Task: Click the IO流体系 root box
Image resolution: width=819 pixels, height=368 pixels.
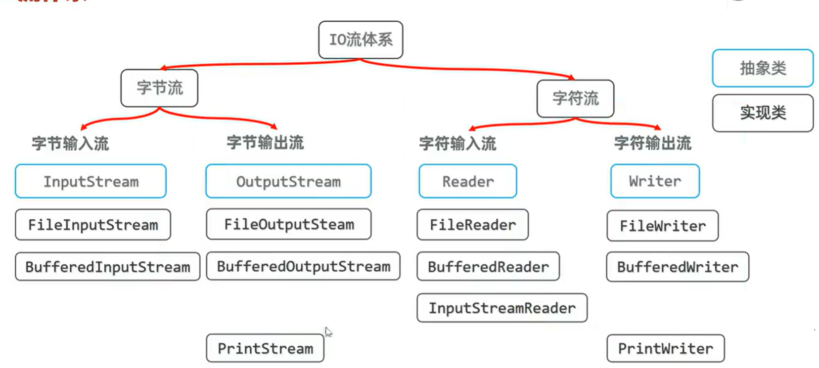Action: pos(361,40)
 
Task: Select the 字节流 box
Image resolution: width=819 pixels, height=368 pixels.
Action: pos(159,88)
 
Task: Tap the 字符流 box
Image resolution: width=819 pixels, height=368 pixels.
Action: pos(575,98)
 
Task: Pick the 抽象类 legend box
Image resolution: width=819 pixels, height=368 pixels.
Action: pos(763,68)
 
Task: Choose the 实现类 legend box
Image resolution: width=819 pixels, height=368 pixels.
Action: pos(763,113)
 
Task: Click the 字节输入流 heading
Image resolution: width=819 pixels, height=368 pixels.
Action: pos(70,144)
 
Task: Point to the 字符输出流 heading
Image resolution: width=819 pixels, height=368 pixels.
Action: pos(652,143)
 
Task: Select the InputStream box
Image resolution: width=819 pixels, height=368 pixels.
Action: pos(91,181)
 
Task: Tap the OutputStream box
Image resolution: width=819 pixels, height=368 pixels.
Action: pos(288,181)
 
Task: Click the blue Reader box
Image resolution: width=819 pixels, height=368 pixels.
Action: pos(468,181)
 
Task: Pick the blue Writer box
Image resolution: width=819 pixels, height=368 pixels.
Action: pos(655,181)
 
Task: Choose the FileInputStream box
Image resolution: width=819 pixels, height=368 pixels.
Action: pos(93,225)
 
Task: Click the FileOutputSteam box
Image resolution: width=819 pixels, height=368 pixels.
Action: pos(289,224)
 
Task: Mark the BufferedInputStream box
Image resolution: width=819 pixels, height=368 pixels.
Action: pos(107,267)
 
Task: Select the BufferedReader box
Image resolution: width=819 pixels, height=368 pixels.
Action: pos(488,267)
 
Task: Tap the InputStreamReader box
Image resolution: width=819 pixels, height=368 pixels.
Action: pos(502,308)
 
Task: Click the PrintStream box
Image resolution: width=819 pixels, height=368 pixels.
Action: pos(265,348)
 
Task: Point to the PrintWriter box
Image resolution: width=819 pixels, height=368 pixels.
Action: pos(665,348)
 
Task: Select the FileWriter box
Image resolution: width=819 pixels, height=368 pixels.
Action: pos(662,226)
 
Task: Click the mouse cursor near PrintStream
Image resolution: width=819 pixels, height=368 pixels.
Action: pos(328,332)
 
